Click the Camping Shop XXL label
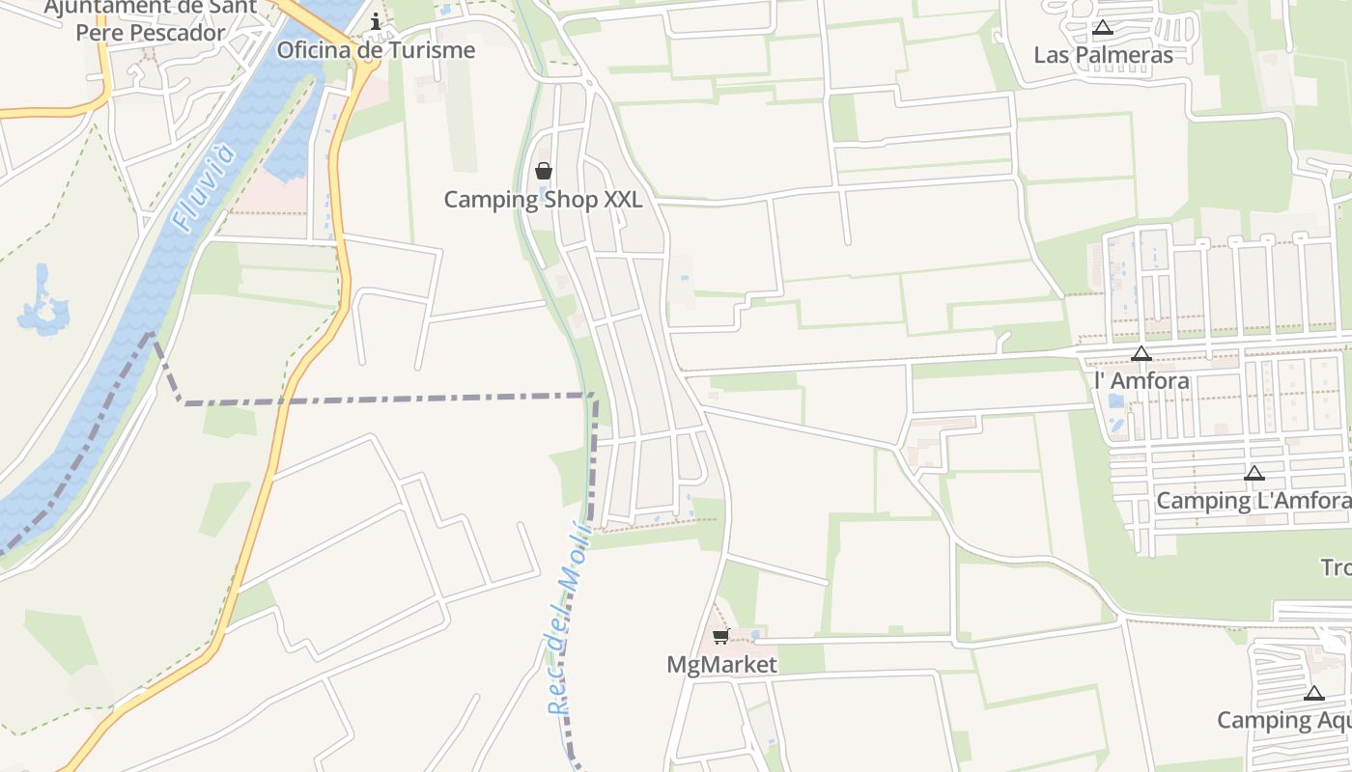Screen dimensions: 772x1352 (x=543, y=200)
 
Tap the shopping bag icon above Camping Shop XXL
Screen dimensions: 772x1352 (x=544, y=172)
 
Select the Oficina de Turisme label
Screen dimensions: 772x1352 (x=376, y=50)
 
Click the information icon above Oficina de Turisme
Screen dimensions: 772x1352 (x=376, y=21)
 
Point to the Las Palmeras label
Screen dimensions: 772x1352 (x=1103, y=54)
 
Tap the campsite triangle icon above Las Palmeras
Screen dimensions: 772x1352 (x=1102, y=28)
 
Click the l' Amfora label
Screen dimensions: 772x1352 (x=1141, y=380)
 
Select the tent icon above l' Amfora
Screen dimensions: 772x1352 (x=1141, y=354)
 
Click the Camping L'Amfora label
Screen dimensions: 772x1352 (x=1253, y=500)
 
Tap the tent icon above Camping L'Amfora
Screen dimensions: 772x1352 (x=1253, y=473)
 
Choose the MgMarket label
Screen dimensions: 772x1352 (x=721, y=665)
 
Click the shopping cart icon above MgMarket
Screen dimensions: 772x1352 (x=720, y=637)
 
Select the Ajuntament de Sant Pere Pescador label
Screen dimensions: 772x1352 (x=151, y=19)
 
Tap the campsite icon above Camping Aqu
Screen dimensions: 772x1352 (x=1313, y=693)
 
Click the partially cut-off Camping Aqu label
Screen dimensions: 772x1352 (x=1283, y=720)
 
